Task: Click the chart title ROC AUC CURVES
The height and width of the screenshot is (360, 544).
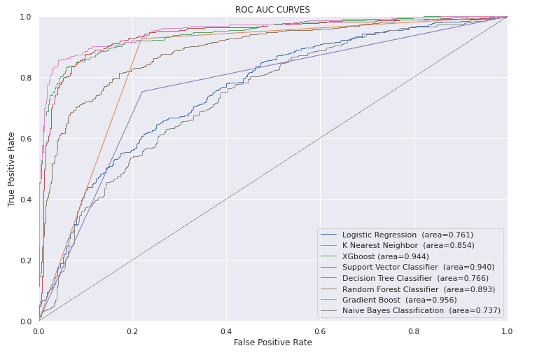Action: coord(272,10)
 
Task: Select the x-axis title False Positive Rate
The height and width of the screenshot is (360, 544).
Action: coord(272,342)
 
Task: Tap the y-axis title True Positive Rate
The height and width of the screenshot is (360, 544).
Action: coord(11,169)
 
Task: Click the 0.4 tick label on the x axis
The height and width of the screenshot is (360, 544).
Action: coord(226,330)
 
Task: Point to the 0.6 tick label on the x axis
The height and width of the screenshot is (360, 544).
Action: coord(320,330)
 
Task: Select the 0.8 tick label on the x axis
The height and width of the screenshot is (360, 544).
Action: coord(414,330)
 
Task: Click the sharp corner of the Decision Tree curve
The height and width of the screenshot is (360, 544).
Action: coord(142,92)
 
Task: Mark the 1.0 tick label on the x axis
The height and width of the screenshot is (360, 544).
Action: coord(507,330)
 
